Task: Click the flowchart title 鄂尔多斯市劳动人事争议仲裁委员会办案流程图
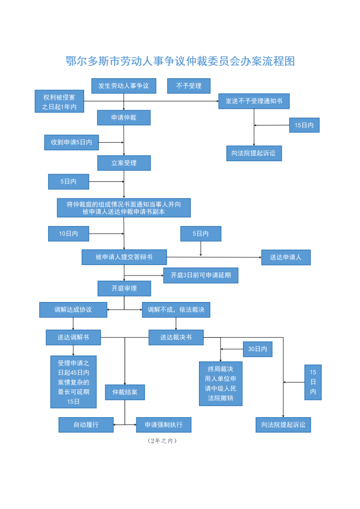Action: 180,61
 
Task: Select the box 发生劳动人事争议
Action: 124,86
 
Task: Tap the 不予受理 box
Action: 189,86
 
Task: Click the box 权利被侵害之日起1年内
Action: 59,101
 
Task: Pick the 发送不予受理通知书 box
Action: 254,101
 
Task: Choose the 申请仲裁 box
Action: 124,117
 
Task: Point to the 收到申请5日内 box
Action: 72,142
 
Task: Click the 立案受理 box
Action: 124,163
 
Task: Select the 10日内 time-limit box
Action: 68,234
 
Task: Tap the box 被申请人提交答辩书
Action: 124,257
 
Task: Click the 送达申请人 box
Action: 286,257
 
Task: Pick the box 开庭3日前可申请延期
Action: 201,275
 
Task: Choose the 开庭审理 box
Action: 124,288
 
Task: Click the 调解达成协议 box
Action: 73,310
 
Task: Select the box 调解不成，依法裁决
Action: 176,310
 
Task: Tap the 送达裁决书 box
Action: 176,337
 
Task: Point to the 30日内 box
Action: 258,349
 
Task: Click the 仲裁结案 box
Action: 125,392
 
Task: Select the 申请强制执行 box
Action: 164,424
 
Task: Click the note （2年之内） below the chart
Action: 162,441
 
